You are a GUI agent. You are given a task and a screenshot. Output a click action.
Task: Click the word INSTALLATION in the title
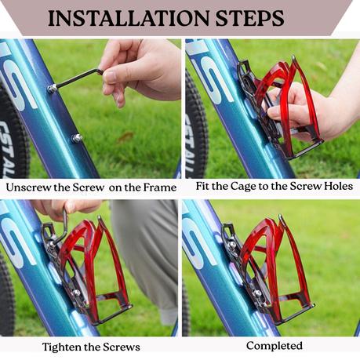coord(128,18)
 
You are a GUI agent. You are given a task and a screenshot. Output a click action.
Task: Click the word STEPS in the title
coord(249,18)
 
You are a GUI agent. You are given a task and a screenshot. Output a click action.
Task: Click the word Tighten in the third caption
coord(61,347)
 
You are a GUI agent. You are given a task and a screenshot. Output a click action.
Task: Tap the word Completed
coord(275,346)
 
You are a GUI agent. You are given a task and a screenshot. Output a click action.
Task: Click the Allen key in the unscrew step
coord(78,78)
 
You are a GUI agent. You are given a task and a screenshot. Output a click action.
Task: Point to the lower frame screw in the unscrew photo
coord(77,138)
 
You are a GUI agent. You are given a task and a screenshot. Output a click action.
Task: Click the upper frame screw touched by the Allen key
coord(52,89)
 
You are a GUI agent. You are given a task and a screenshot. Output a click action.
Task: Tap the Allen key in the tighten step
coord(60,227)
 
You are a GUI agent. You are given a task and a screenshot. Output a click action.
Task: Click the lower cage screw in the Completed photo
coord(258,293)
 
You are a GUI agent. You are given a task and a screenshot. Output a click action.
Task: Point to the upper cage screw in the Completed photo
coord(232,245)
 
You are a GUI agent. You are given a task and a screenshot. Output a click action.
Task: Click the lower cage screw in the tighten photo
coord(76,293)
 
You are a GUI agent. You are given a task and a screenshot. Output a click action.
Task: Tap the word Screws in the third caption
coord(122,347)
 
